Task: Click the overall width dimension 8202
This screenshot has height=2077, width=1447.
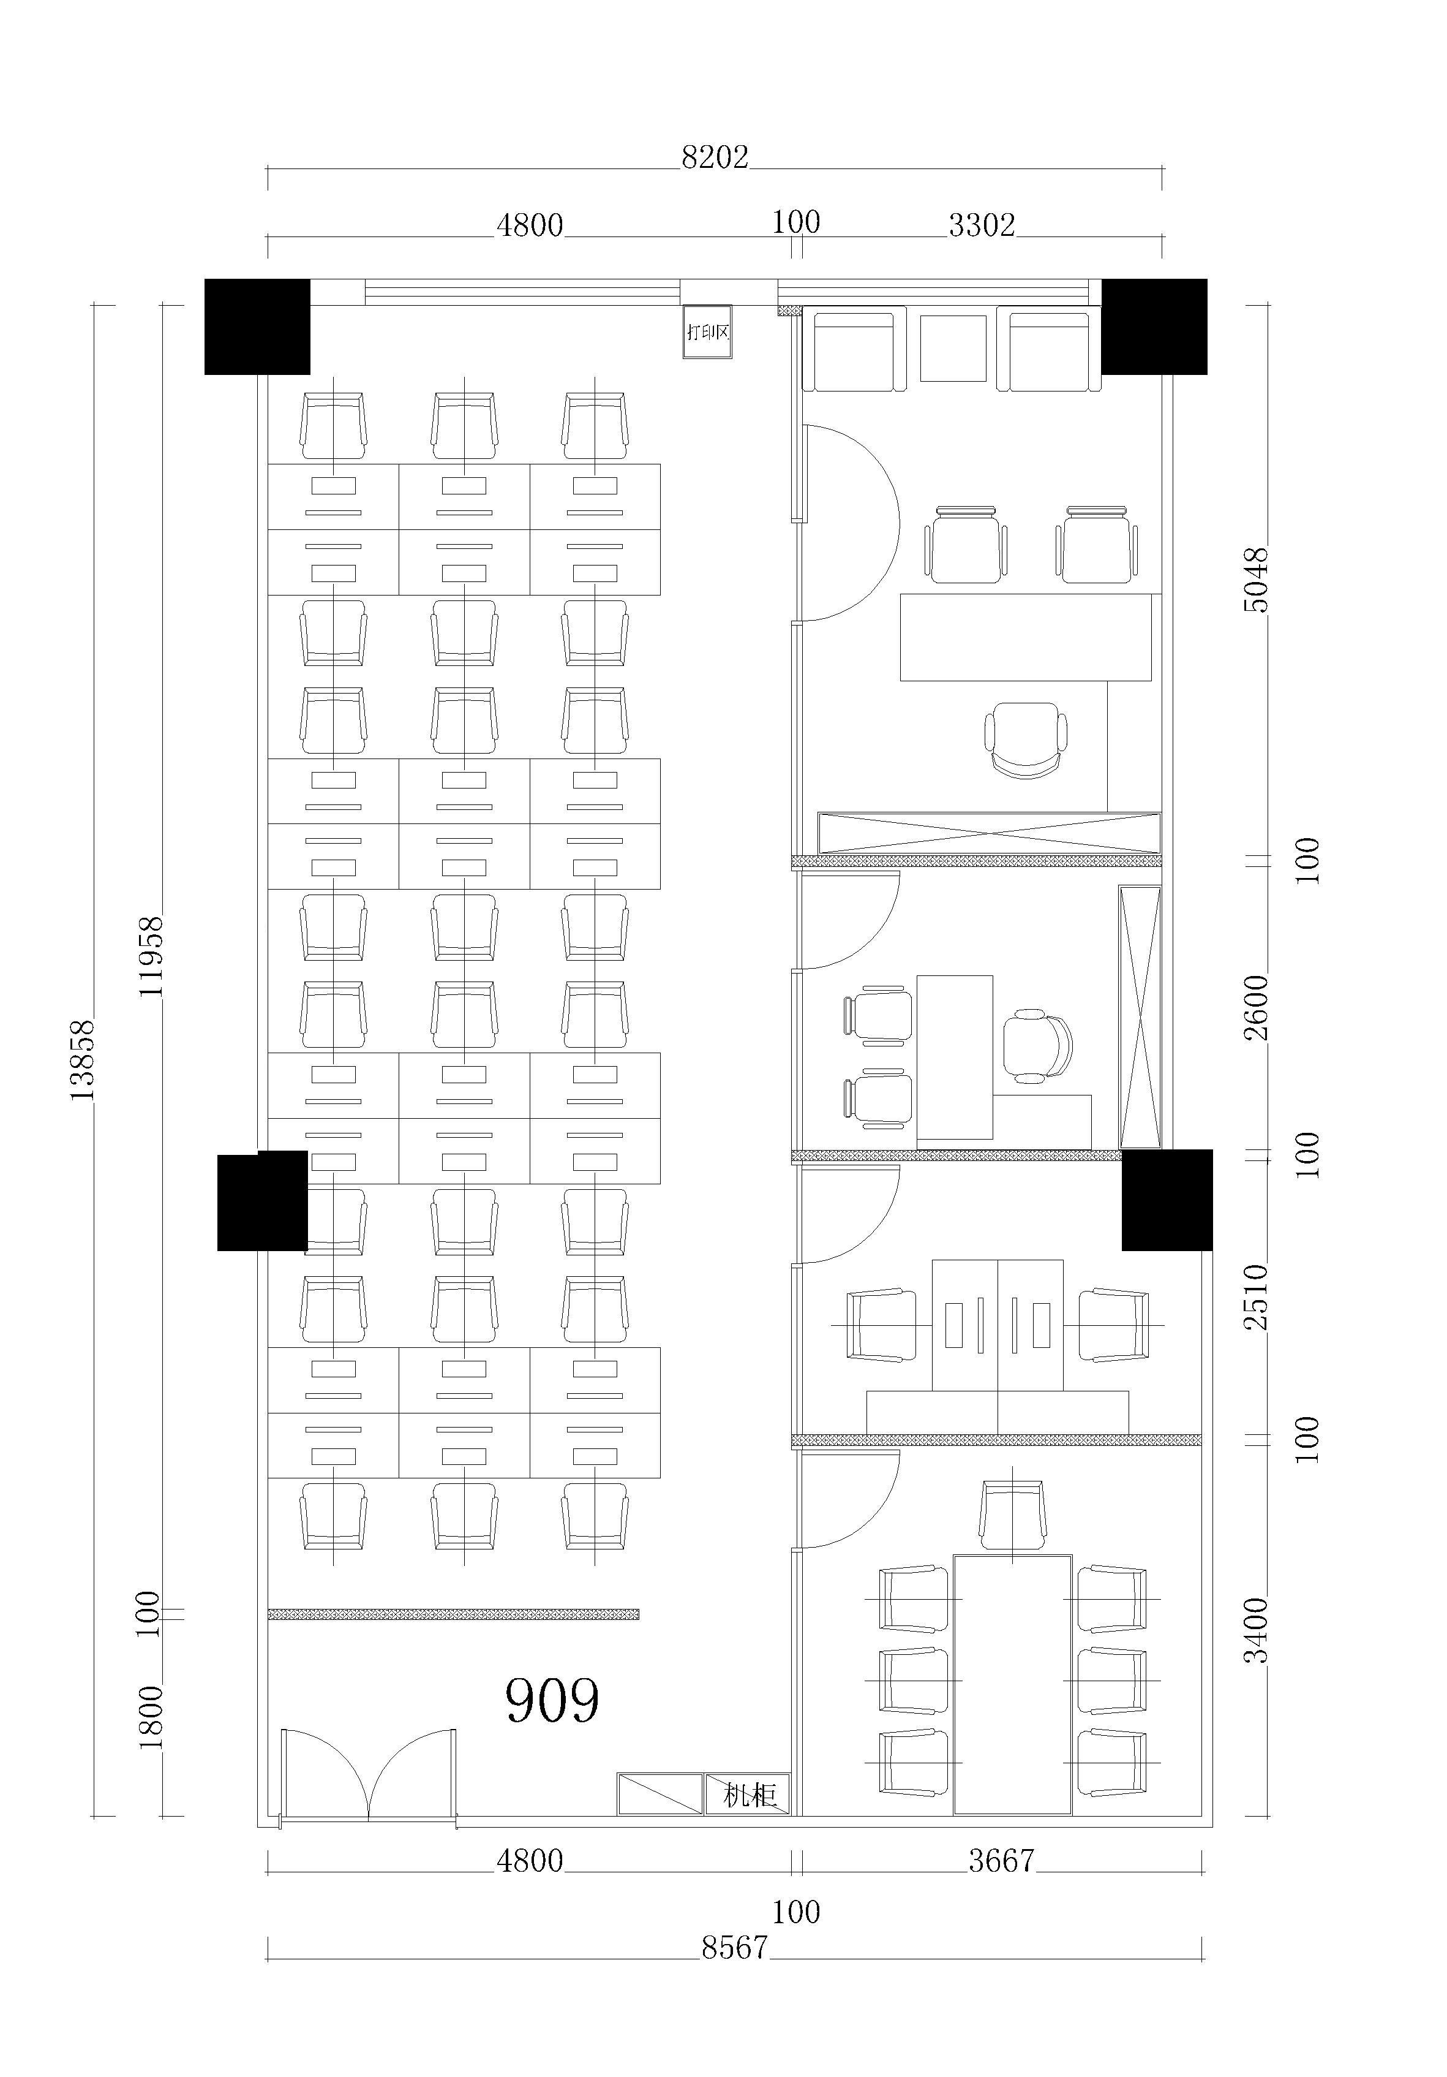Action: (715, 157)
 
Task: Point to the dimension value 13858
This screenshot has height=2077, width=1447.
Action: (82, 1059)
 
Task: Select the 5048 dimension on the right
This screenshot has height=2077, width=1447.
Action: (1256, 580)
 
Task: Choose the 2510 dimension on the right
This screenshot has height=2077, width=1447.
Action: (1256, 1296)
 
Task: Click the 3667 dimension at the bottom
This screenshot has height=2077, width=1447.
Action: (1001, 1860)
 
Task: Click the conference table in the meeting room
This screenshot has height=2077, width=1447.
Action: (1012, 1684)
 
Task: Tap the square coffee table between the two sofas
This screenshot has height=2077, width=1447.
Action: (953, 348)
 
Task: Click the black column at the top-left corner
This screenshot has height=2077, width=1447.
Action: (257, 327)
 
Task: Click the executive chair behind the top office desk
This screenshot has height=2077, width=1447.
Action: (1026, 740)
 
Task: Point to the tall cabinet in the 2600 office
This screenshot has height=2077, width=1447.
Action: (1140, 1018)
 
